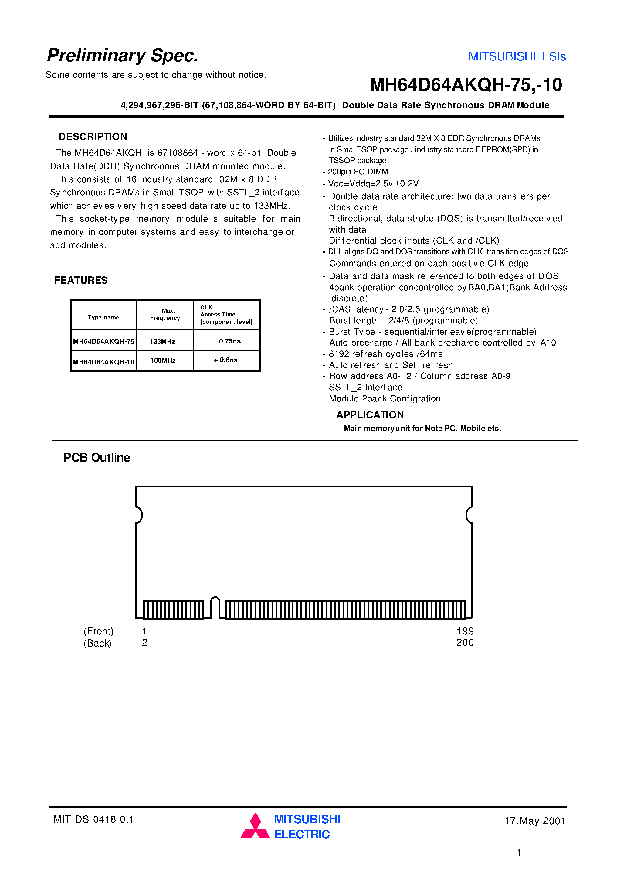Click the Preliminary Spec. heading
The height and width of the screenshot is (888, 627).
click(123, 55)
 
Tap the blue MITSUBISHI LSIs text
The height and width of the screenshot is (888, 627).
click(517, 56)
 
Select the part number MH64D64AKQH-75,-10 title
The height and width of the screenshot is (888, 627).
click(466, 85)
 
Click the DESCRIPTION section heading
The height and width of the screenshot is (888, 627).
click(93, 137)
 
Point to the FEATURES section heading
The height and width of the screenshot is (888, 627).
click(81, 280)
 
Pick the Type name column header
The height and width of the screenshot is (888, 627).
click(103, 318)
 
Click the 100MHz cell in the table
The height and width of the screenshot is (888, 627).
click(163, 360)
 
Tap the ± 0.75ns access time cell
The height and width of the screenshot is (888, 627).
click(227, 341)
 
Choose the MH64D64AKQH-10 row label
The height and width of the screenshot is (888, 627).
click(103, 362)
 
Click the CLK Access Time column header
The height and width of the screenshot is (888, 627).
click(226, 314)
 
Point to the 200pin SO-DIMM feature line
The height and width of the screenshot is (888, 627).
click(358, 172)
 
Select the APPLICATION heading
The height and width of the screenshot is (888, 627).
click(370, 415)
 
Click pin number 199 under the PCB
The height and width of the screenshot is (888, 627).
click(465, 631)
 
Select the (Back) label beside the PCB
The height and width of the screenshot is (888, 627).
click(97, 643)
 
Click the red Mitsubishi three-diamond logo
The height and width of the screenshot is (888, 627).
click(255, 826)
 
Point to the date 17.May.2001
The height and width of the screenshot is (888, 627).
click(535, 821)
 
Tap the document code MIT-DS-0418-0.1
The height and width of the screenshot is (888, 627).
click(93, 819)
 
